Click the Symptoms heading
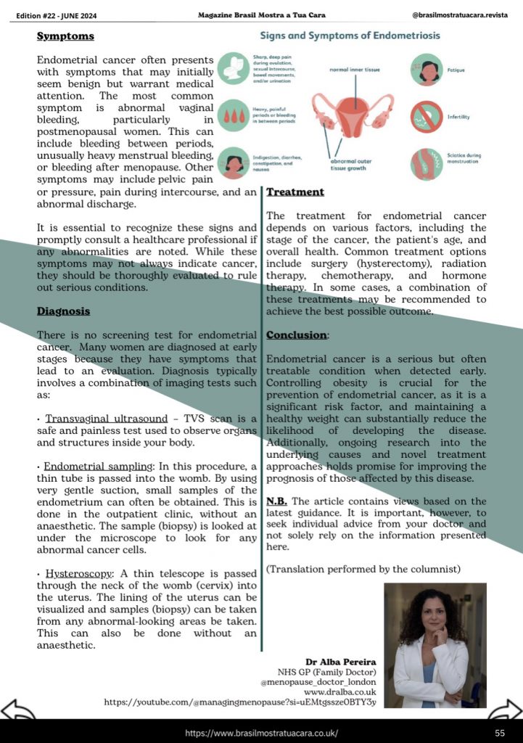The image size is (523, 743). pyautogui.click(x=65, y=36)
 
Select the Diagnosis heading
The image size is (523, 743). pyautogui.click(x=64, y=311)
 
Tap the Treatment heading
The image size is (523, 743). pyautogui.click(x=295, y=192)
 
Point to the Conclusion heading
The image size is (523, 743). pyautogui.click(x=297, y=335)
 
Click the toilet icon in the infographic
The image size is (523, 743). pyautogui.click(x=234, y=68)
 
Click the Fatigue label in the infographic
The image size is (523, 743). pyautogui.click(x=457, y=70)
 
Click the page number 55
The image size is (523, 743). pyautogui.click(x=500, y=733)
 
